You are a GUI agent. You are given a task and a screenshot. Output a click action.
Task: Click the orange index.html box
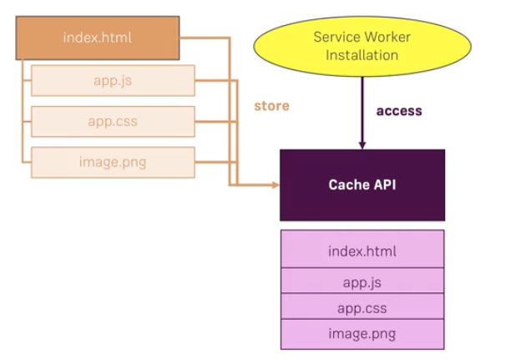click(x=97, y=38)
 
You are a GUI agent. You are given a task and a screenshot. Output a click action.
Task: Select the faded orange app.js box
click(x=113, y=81)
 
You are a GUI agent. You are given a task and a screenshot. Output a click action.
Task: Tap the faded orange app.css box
click(x=113, y=122)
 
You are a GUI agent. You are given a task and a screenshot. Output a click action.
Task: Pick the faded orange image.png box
click(x=113, y=162)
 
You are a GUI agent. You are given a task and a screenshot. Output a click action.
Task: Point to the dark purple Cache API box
click(x=362, y=185)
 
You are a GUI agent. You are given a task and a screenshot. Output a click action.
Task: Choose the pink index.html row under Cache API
click(x=362, y=251)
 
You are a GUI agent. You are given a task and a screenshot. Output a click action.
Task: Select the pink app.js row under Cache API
click(x=362, y=281)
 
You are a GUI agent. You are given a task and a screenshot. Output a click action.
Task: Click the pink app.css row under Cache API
click(x=362, y=307)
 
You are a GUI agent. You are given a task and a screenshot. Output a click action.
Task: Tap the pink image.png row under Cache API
click(x=362, y=334)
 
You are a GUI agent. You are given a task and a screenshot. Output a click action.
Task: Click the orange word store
click(x=271, y=106)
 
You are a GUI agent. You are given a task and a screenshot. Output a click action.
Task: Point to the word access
click(x=399, y=110)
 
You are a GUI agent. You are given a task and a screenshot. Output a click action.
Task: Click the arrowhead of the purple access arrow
click(x=362, y=145)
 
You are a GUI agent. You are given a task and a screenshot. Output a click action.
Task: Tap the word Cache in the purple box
click(x=346, y=185)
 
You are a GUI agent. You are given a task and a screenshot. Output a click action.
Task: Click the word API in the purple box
click(x=383, y=185)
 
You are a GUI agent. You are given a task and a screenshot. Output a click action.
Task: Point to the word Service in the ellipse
click(x=336, y=38)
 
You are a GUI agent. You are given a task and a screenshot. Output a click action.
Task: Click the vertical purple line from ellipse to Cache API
click(x=362, y=109)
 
